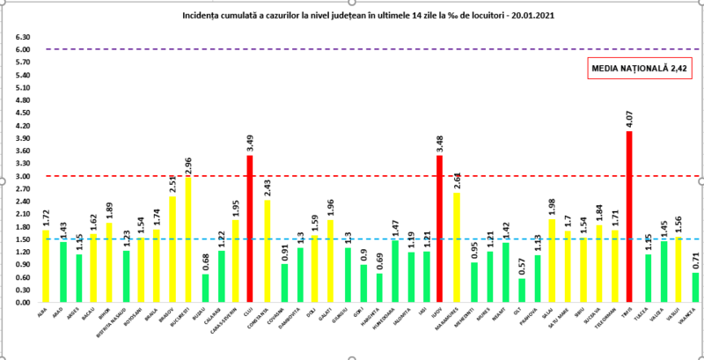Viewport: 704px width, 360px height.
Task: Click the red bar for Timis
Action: point(629,217)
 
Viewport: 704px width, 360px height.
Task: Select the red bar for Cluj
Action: point(250,229)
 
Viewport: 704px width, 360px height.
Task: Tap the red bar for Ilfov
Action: point(439,229)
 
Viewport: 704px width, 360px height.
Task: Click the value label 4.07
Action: point(629,118)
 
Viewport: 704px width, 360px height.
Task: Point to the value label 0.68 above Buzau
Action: point(203,261)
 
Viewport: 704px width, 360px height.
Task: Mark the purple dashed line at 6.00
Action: point(352,49)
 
